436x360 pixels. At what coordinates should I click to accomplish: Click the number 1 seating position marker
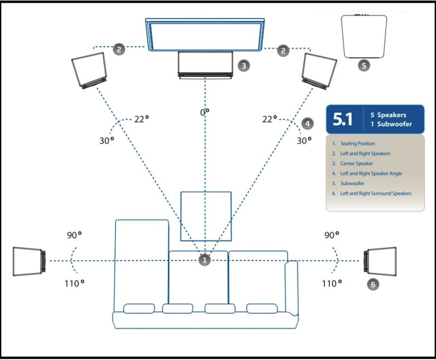205,260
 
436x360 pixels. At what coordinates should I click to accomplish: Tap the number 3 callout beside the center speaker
244,65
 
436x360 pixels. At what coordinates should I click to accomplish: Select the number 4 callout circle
307,124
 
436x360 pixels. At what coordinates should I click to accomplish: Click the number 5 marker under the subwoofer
364,65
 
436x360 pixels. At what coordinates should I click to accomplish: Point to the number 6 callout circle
373,284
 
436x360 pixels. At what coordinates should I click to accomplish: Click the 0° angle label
205,112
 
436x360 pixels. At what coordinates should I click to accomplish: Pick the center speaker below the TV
205,65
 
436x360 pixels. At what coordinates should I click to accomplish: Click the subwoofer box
364,36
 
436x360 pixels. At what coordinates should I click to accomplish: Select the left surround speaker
29,262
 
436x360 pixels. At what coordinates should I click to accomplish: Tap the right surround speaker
380,261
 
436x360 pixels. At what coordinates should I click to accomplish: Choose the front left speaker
89,70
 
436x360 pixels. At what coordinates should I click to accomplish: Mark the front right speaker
319,71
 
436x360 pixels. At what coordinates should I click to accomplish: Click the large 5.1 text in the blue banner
343,119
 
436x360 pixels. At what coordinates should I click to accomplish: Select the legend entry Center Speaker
356,163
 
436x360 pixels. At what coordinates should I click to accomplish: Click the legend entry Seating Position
357,143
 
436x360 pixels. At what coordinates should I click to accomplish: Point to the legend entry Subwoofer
352,184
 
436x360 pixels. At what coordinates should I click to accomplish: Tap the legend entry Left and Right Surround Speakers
376,193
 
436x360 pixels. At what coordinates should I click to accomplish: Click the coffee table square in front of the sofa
206,216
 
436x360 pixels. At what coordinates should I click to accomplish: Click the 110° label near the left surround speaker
74,284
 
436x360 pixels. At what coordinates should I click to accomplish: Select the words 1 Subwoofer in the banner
391,124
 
